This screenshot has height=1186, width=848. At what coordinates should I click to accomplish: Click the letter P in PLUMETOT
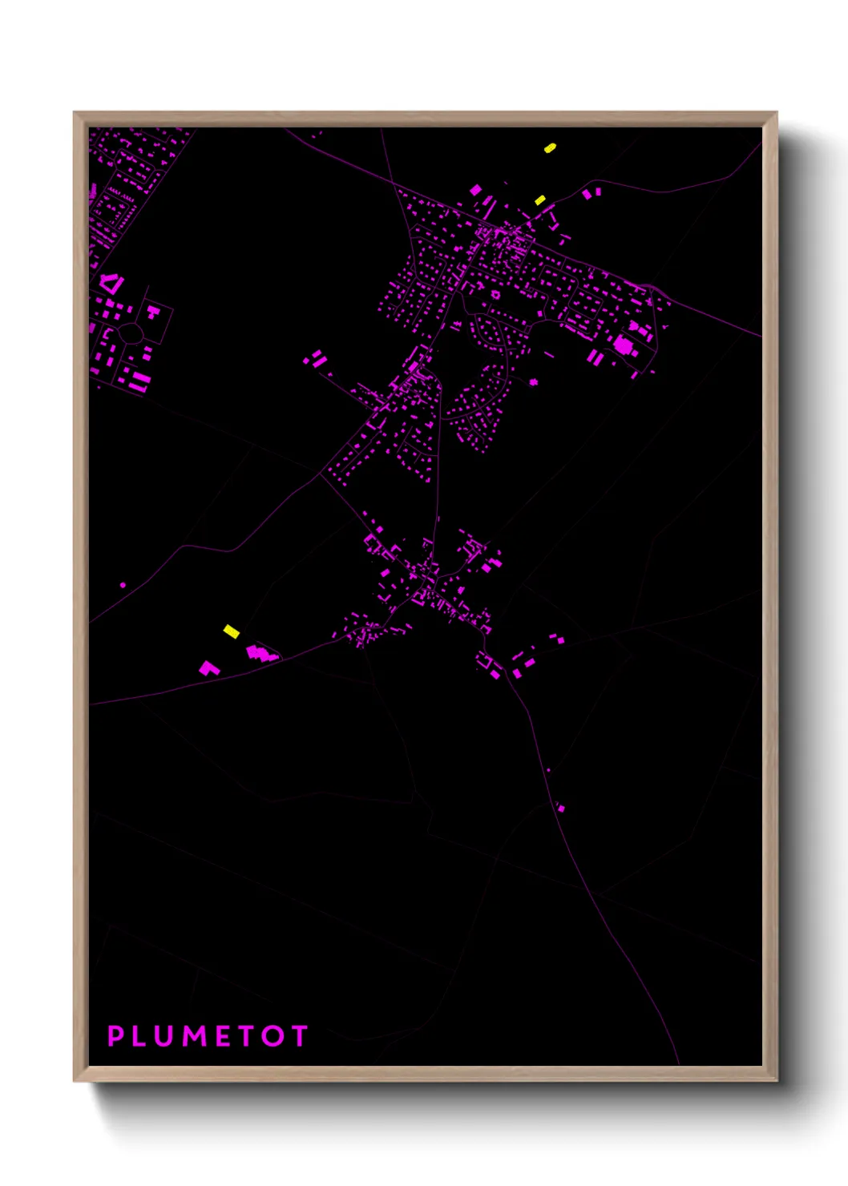pyautogui.click(x=116, y=1036)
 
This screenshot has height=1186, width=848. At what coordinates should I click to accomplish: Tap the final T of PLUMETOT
pyautogui.click(x=299, y=1036)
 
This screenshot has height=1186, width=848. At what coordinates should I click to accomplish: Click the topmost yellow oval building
pyautogui.click(x=550, y=147)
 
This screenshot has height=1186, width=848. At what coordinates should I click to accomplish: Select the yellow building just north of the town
pyautogui.click(x=540, y=200)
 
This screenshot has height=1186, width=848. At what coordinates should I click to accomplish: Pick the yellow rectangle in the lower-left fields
pyautogui.click(x=231, y=631)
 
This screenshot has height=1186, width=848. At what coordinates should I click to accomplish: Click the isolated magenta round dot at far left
pyautogui.click(x=123, y=585)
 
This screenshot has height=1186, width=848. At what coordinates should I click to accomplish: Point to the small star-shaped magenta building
pyautogui.click(x=533, y=381)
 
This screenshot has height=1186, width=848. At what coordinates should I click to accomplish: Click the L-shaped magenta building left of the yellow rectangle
pyautogui.click(x=209, y=668)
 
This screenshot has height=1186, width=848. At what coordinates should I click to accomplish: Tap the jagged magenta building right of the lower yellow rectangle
pyautogui.click(x=260, y=654)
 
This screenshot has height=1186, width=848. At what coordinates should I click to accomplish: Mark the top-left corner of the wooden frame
pyautogui.click(x=75, y=113)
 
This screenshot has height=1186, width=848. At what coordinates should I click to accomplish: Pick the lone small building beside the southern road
pyautogui.click(x=561, y=808)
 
